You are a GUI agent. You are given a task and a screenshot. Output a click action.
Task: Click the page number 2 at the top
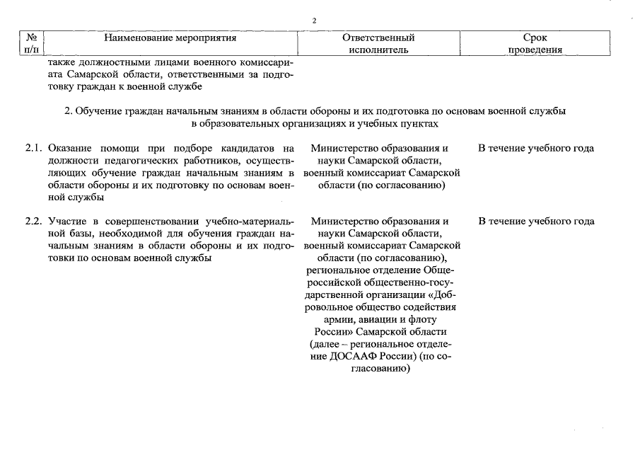click(313, 20)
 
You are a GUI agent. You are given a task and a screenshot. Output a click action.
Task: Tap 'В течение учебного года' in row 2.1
click(535, 149)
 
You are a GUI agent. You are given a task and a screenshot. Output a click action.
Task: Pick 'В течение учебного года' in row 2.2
click(535, 221)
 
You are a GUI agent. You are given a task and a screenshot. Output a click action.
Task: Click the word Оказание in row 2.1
click(73, 149)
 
